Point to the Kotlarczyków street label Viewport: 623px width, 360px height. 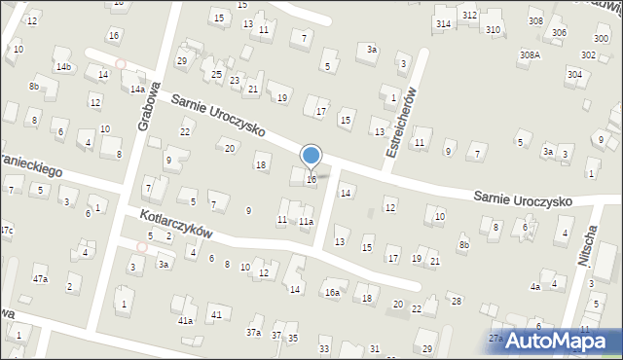(175, 227)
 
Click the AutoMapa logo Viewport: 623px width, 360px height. (559, 341)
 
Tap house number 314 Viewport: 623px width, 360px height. (443, 23)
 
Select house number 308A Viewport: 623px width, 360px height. (530, 55)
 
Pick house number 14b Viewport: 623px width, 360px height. (63, 66)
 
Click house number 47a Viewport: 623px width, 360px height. (40, 279)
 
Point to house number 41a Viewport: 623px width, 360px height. (184, 320)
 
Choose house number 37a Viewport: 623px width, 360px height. (253, 333)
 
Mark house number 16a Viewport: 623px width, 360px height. (332, 292)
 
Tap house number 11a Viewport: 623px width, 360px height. (306, 222)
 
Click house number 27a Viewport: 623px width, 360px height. (496, 338)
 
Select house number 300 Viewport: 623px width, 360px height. (588, 54)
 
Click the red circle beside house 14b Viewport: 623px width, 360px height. (121, 64)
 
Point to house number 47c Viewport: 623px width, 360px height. (6, 230)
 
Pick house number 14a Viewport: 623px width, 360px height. (138, 90)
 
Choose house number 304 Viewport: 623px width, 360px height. (574, 74)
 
